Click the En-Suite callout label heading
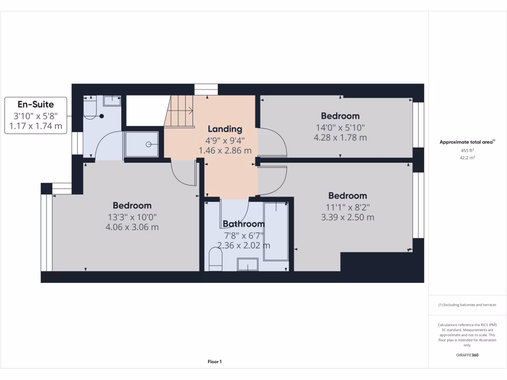pyautogui.click(x=36, y=104)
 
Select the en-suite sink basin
pyautogui.click(x=113, y=100)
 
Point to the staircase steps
pyautogui.click(x=179, y=113)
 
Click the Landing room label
pyautogui.click(x=225, y=129)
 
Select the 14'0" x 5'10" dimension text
pyautogui.click(x=340, y=127)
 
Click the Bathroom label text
pyautogui.click(x=243, y=224)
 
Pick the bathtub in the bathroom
pyautogui.click(x=276, y=231)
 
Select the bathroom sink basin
pyautogui.click(x=247, y=265)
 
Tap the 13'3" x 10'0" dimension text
pyautogui.click(x=132, y=217)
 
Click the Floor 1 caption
pyautogui.click(x=214, y=362)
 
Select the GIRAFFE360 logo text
pyautogui.click(x=467, y=355)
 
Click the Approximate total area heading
pyautogui.click(x=466, y=142)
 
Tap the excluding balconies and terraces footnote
pyautogui.click(x=467, y=305)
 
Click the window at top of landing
pyautogui.click(x=206, y=89)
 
